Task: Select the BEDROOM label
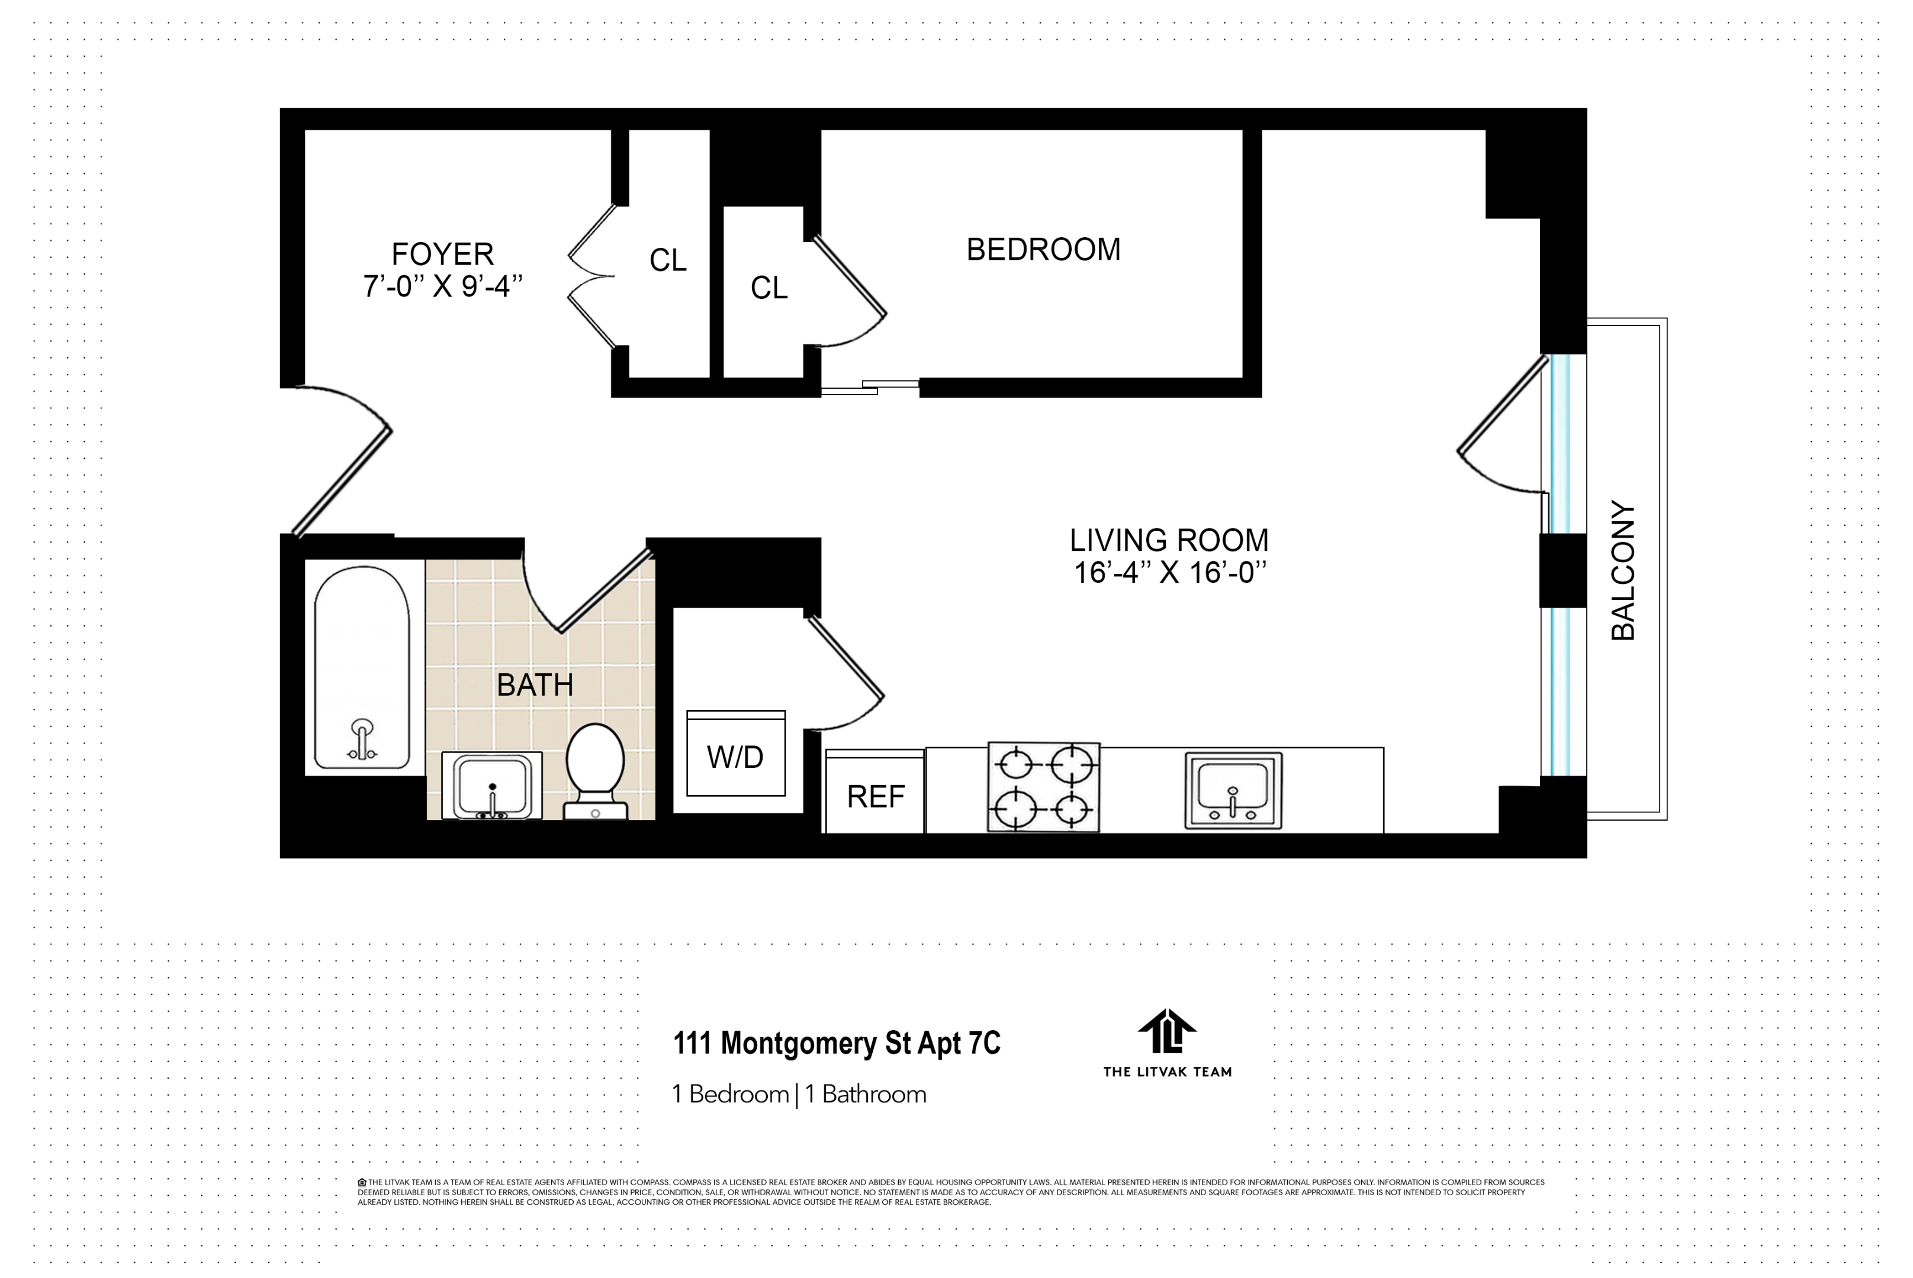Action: (1043, 250)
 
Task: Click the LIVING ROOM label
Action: (1169, 540)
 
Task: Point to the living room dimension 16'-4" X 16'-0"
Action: (1169, 573)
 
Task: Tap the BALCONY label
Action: (1623, 570)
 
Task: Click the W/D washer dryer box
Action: (735, 755)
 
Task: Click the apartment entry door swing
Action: (342, 460)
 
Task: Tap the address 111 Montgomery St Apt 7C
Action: (837, 1043)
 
